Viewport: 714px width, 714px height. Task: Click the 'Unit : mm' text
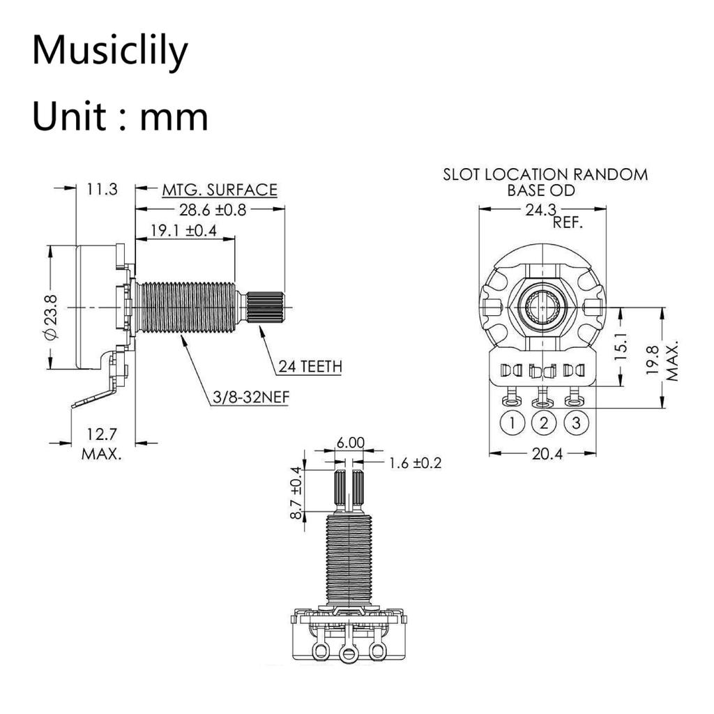point(120,116)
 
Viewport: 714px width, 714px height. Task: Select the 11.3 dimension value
point(102,189)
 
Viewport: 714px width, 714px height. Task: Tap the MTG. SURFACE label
point(220,190)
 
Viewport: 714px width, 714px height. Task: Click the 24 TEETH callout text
point(310,366)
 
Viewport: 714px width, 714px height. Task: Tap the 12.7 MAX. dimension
point(102,444)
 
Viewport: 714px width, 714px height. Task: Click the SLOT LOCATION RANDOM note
point(545,174)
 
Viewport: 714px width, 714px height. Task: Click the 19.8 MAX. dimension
point(662,360)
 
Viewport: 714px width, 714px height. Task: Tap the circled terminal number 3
point(576,423)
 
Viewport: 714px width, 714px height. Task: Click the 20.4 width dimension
point(544,453)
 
